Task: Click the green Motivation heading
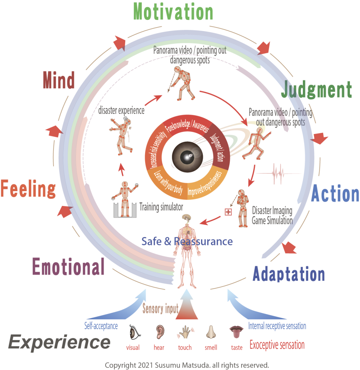pos(173,12)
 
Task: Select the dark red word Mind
pos(59,80)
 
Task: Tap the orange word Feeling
pos(28,189)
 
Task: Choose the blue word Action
pos(335,194)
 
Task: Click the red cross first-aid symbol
pos(228,212)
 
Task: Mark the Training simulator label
pos(161,207)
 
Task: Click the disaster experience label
pos(121,111)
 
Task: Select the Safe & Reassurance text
pos(187,241)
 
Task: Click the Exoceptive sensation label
pos(277,345)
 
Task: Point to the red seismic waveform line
pos(278,173)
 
